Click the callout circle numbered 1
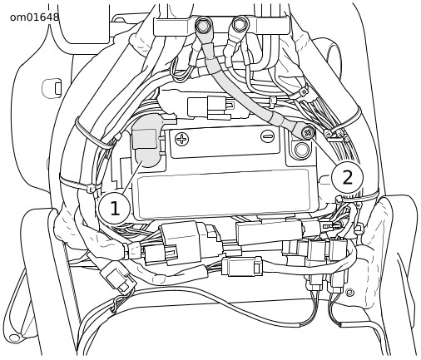(114, 208)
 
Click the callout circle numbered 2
(347, 177)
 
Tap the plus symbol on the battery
(182, 139)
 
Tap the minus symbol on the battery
(268, 136)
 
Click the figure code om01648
(34, 17)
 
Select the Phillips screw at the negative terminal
(307, 132)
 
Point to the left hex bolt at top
(204, 26)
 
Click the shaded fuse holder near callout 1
(147, 140)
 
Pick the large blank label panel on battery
(223, 193)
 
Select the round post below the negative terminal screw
(301, 150)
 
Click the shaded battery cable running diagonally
(244, 91)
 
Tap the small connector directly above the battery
(210, 107)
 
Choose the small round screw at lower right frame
(349, 292)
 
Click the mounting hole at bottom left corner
(14, 338)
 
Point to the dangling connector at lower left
(118, 278)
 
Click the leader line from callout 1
(131, 177)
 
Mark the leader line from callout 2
(323, 150)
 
